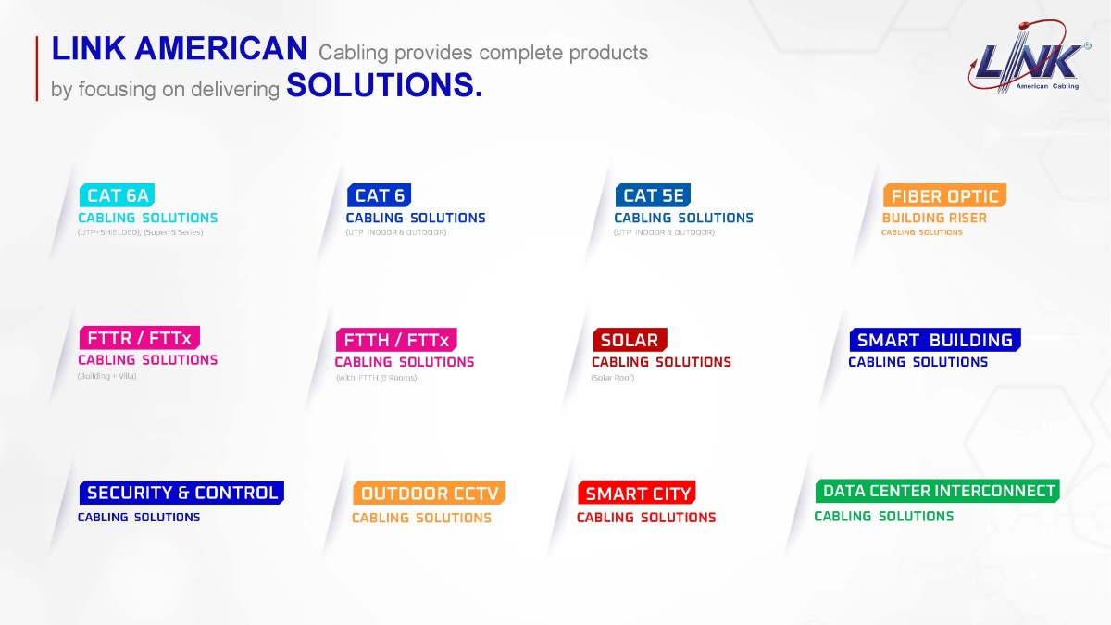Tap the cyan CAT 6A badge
point(117,195)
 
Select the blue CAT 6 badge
point(379,195)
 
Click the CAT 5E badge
point(653,195)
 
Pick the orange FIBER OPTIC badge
point(944,195)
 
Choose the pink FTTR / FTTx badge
point(140,338)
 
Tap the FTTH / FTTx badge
point(396,340)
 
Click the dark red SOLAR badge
point(630,340)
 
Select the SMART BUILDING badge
point(935,340)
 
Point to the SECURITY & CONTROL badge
point(181,493)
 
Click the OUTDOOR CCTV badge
point(429,493)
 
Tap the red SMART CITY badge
point(637,493)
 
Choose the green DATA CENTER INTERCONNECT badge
point(937,491)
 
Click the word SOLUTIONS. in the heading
point(384,85)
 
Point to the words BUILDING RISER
point(934,218)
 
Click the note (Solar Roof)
point(613,378)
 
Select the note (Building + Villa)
point(106,376)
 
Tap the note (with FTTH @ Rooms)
point(377,378)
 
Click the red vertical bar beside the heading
point(37,69)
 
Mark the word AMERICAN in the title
point(220,48)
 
